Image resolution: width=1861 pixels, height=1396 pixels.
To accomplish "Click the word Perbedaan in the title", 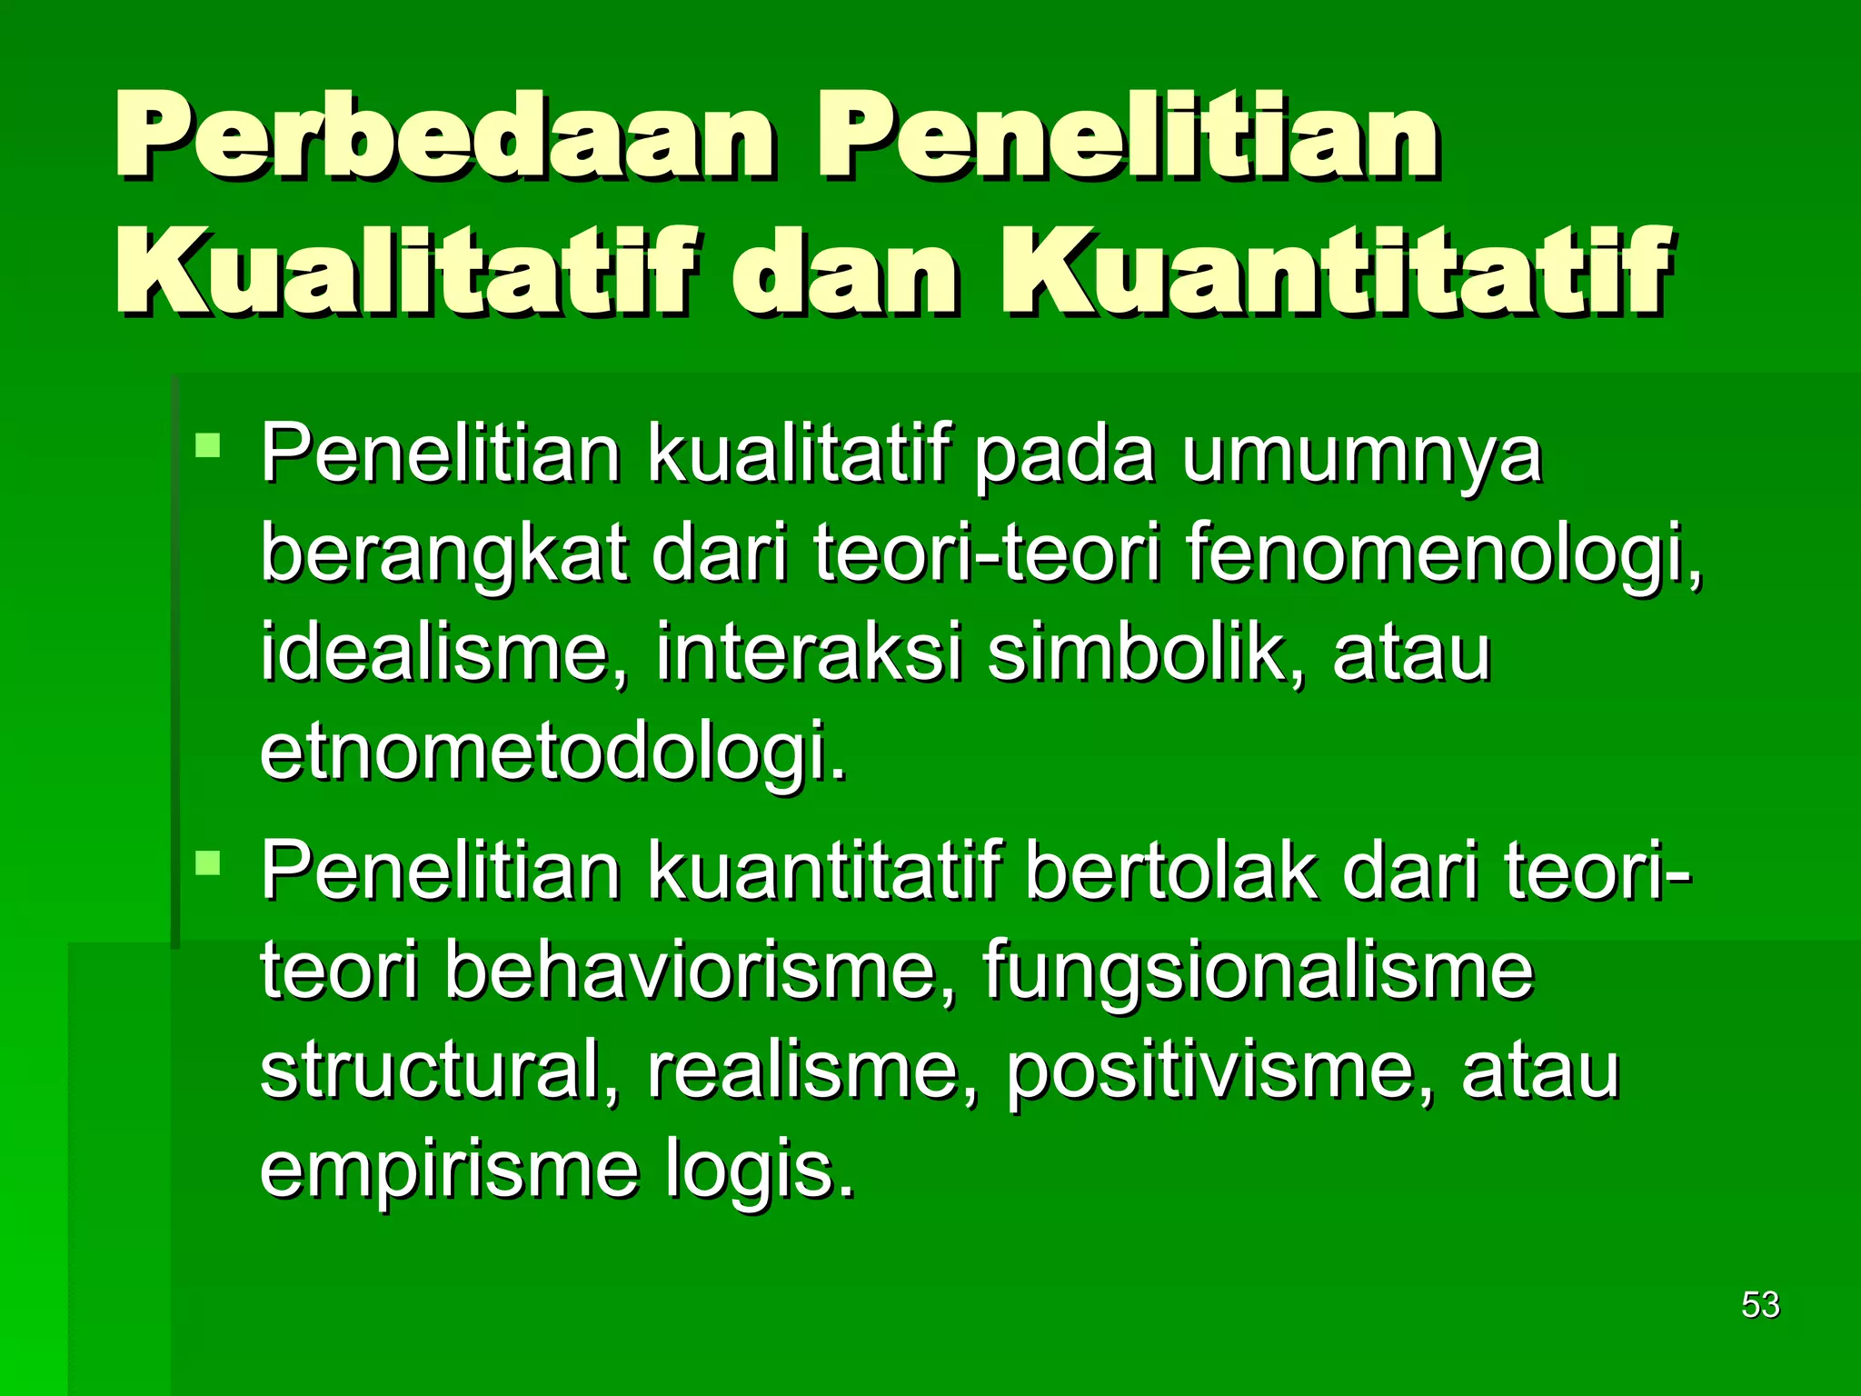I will point(445,136).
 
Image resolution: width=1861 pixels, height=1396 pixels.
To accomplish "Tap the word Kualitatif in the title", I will point(409,271).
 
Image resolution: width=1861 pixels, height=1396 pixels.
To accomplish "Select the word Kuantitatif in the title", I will point(1336,271).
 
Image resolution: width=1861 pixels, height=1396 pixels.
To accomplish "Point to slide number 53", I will point(1760,1305).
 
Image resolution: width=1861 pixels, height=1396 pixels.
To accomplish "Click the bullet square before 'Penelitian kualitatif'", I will point(208,445).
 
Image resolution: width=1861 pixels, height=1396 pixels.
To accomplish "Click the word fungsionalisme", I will point(1258,971).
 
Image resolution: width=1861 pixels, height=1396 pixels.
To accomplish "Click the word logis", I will point(760,1172).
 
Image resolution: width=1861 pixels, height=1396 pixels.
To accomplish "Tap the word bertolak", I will point(1172,871).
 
